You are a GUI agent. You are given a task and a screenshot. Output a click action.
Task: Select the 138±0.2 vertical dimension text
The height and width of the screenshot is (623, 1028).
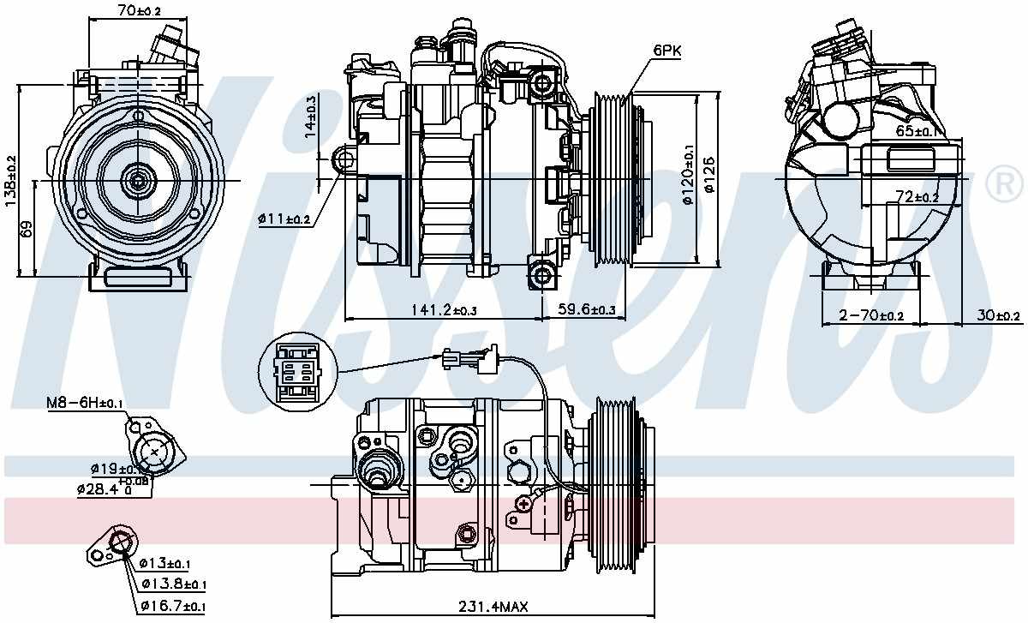click(10, 180)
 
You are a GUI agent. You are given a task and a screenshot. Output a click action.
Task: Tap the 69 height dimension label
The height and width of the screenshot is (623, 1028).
click(26, 229)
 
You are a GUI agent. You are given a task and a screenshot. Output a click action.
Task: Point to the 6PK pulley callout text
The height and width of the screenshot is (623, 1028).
click(666, 51)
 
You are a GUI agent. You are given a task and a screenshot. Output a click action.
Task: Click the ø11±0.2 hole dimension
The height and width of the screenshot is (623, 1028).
click(284, 219)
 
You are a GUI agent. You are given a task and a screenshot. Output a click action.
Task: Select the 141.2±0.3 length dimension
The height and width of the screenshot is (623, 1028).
click(445, 309)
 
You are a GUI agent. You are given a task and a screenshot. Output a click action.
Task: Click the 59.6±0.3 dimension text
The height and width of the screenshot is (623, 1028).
click(586, 309)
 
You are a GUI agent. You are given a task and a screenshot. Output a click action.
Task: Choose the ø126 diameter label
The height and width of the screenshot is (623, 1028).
click(708, 180)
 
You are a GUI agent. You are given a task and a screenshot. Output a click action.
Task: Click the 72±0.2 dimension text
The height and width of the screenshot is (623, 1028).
click(918, 198)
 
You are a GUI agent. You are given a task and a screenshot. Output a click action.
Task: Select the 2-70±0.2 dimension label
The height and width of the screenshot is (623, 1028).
click(870, 316)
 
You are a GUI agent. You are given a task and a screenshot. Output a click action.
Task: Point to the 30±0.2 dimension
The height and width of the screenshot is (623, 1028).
click(999, 316)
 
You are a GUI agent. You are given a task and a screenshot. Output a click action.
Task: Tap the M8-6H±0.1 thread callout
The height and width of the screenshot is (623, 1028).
click(85, 402)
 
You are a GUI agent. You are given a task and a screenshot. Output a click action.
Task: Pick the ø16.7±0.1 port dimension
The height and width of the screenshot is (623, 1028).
click(171, 607)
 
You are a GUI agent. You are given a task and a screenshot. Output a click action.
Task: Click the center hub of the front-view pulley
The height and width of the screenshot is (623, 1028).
click(136, 181)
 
